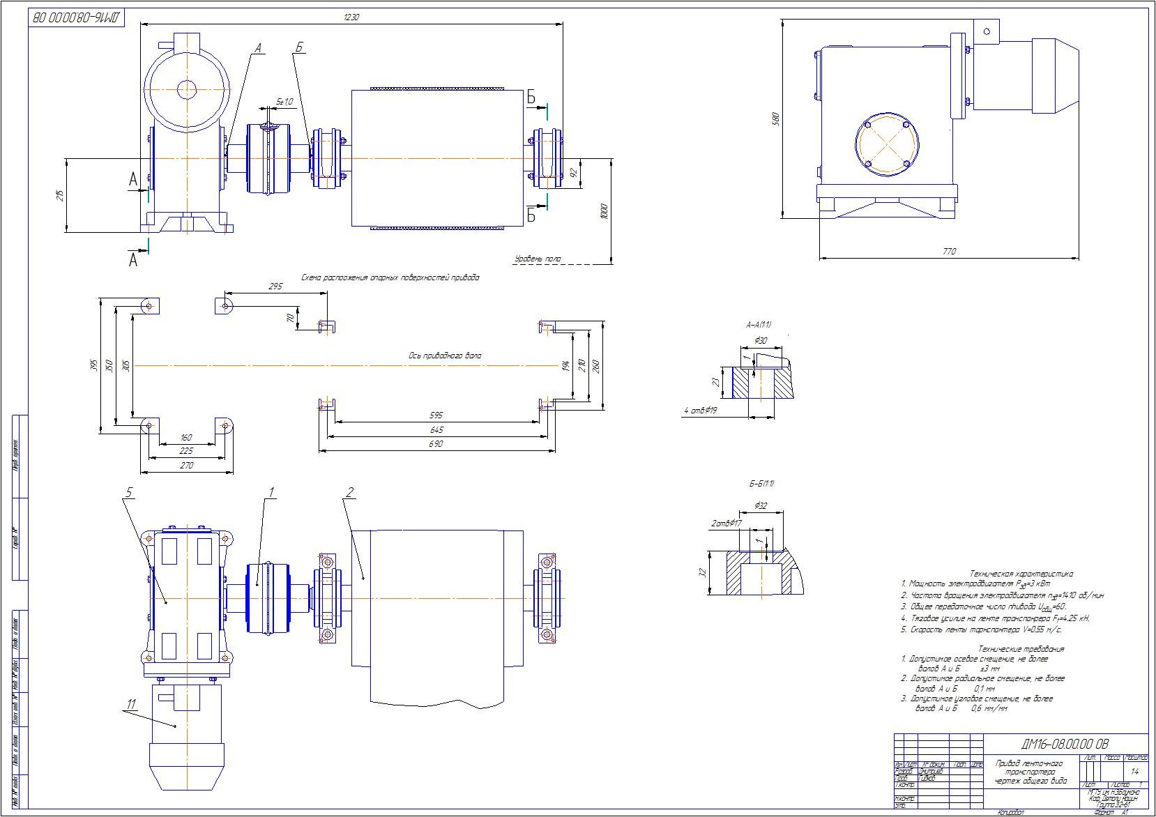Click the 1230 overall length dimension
(x=351, y=17)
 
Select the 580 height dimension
(x=775, y=120)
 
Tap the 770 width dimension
(x=949, y=252)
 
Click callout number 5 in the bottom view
(x=128, y=493)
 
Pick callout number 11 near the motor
(x=130, y=703)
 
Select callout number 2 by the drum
(x=349, y=493)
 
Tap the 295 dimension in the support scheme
(x=275, y=287)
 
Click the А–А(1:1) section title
(x=759, y=325)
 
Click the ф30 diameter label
(x=761, y=340)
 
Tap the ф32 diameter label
(x=761, y=505)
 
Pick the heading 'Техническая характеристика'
(x=1021, y=574)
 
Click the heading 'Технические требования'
(x=1021, y=649)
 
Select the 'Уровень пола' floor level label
(x=537, y=259)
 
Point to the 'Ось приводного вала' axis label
(x=444, y=356)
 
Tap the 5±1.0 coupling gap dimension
(x=285, y=102)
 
